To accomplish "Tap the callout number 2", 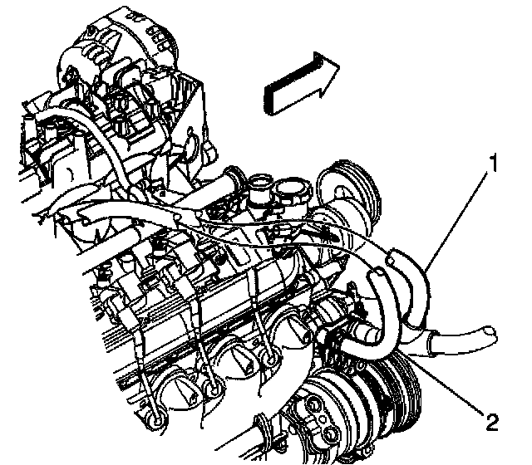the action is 491,423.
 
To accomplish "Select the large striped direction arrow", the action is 301,84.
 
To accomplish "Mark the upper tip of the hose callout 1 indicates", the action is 392,256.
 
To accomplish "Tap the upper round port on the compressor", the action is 314,405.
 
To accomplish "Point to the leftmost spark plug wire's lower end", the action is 156,419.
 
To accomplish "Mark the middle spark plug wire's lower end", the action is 214,389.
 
